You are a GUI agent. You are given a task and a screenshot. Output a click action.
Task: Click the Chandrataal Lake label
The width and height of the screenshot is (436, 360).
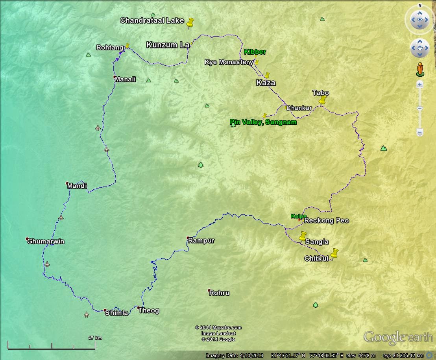click(152, 20)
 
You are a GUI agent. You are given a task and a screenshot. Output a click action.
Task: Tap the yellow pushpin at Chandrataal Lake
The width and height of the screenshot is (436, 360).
click(191, 23)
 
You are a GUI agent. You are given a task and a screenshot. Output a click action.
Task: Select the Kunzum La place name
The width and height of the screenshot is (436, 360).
click(168, 45)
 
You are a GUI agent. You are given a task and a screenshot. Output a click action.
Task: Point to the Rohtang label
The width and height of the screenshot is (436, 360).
click(110, 48)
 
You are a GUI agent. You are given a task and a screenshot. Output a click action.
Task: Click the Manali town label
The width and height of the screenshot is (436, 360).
click(125, 79)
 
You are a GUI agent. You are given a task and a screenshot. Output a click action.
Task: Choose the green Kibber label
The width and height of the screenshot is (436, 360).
click(255, 52)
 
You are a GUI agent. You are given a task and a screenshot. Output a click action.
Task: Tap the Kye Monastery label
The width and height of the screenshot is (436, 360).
click(229, 62)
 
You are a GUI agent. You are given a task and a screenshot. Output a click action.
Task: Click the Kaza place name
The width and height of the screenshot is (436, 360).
click(266, 83)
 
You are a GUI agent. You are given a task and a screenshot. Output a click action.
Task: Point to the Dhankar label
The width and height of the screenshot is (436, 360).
click(299, 108)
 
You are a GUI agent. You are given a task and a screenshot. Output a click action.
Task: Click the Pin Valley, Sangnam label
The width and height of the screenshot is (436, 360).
click(263, 122)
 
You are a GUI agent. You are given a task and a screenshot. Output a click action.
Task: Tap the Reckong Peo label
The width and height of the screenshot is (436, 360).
click(327, 221)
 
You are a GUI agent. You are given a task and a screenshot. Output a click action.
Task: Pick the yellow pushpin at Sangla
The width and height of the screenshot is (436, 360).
click(303, 236)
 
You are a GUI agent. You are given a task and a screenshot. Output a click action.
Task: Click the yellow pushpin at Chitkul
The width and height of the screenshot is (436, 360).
click(334, 253)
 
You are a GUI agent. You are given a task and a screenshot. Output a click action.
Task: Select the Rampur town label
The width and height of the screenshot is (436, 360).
click(201, 240)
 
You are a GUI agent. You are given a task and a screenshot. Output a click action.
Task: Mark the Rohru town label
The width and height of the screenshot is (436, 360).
click(219, 293)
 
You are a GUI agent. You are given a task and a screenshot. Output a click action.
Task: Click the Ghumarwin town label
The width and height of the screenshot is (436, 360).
click(46, 242)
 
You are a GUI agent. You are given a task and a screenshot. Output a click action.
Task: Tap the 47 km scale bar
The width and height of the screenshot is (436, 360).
click(52, 346)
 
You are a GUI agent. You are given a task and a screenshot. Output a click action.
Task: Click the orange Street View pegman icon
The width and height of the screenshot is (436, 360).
click(420, 69)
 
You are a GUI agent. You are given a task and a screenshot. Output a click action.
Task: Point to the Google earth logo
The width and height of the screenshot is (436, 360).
click(398, 338)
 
